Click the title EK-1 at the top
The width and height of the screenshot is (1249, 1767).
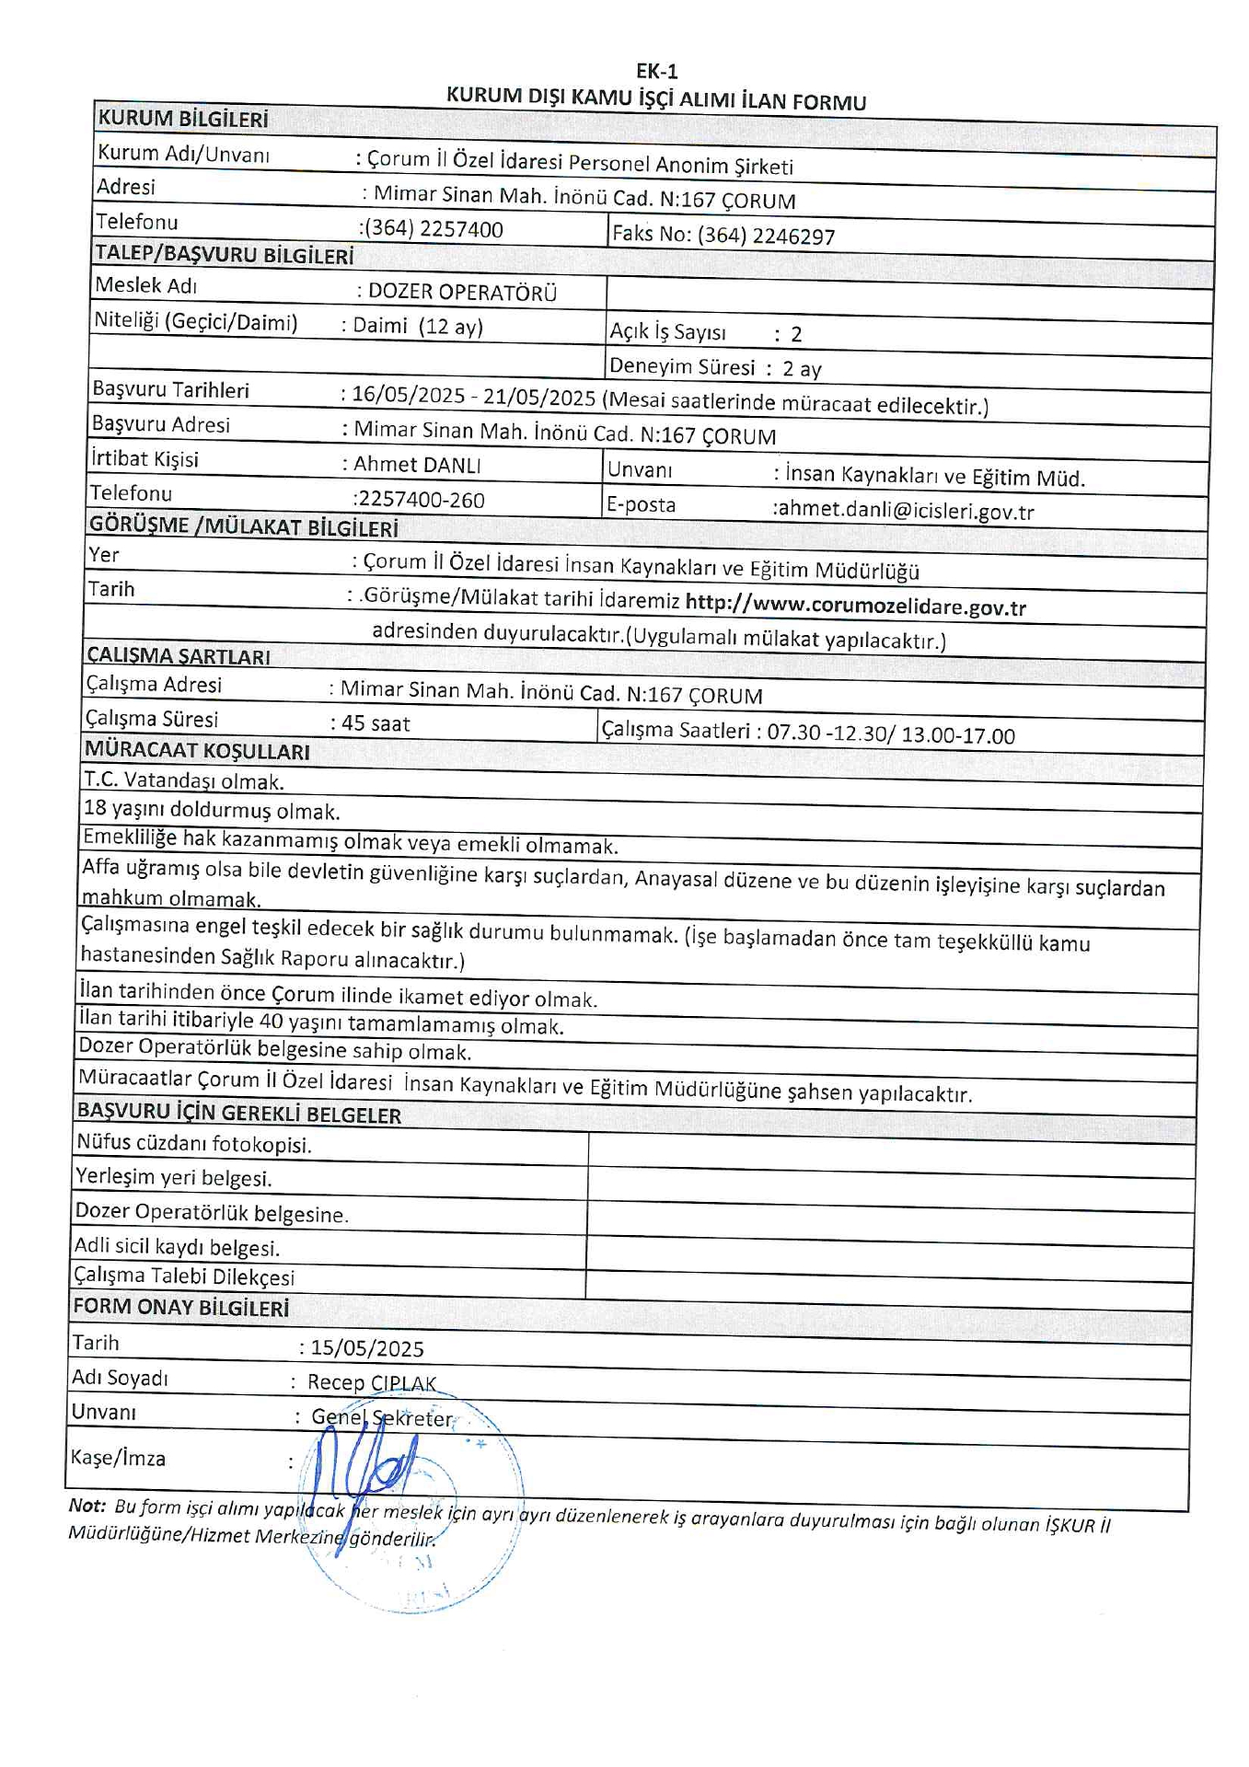click(x=656, y=72)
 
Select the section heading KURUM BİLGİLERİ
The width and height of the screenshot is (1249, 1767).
click(x=183, y=119)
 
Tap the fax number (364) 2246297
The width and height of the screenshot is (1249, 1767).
click(x=766, y=237)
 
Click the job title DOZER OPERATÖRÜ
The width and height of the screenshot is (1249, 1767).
click(x=462, y=293)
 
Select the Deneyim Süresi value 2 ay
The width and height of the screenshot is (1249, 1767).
click(x=802, y=369)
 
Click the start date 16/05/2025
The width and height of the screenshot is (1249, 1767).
click(x=408, y=395)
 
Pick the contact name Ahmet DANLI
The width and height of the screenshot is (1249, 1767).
click(x=417, y=465)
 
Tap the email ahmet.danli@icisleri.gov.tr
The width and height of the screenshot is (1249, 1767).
click(x=906, y=511)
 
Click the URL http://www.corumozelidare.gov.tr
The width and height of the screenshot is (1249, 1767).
click(x=855, y=606)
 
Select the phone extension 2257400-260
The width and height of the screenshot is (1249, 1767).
click(x=420, y=500)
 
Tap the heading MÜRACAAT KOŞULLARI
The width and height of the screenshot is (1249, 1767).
click(x=197, y=751)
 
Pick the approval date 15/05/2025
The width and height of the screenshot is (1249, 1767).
click(x=367, y=1349)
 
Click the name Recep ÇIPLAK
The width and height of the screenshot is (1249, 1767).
click(x=372, y=1382)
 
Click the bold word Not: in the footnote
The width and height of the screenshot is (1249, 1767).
click(x=87, y=1506)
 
